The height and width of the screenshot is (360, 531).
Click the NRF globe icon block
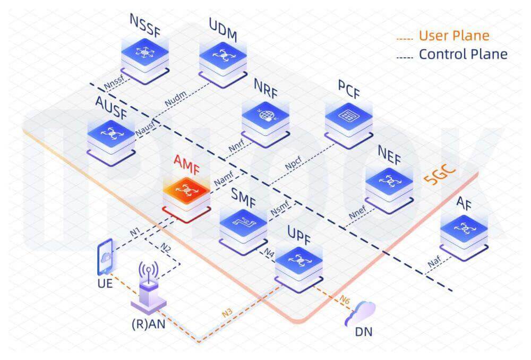[265, 117]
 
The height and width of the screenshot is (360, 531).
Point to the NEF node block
[390, 183]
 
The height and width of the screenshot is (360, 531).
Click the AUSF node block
[111, 133]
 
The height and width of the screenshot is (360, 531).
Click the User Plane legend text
[453, 36]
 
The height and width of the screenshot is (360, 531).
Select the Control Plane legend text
[463, 54]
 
